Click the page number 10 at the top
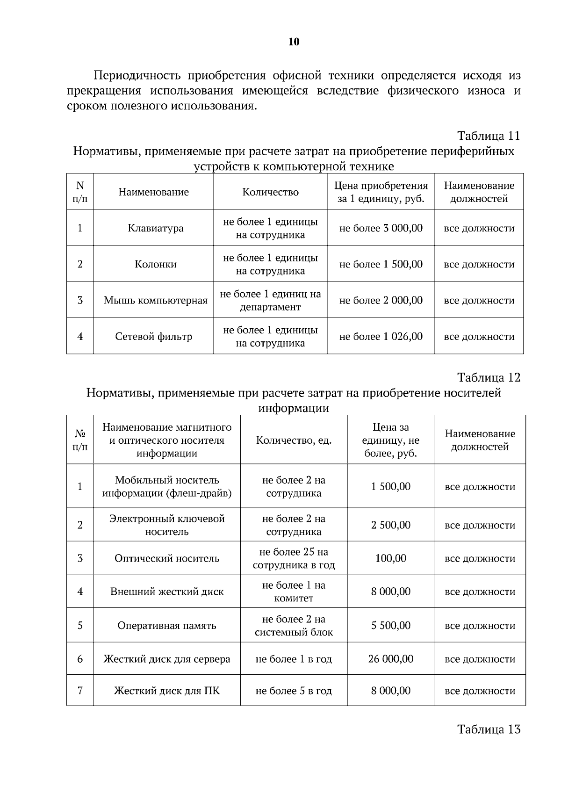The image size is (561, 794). click(x=294, y=42)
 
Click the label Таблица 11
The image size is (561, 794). click(x=489, y=136)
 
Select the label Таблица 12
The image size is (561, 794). click(x=489, y=377)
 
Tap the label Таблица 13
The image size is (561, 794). click(x=489, y=729)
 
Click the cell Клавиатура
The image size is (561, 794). click(x=155, y=228)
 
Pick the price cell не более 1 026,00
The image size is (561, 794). click(x=381, y=336)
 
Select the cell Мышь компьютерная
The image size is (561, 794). click(x=155, y=300)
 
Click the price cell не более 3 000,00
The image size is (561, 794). click(x=381, y=228)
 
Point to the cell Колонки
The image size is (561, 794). click(x=155, y=264)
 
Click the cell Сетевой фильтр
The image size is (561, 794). click(x=153, y=336)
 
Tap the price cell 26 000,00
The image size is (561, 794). click(x=391, y=659)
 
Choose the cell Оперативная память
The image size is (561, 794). click(x=167, y=626)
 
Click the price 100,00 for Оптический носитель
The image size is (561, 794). click(x=391, y=558)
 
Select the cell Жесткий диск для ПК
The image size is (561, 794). click(x=167, y=691)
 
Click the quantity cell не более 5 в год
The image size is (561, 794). click(x=294, y=691)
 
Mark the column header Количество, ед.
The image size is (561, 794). click(x=294, y=440)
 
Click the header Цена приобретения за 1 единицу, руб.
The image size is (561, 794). click(x=381, y=192)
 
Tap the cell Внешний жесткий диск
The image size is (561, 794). click(x=167, y=592)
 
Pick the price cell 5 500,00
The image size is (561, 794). click(x=391, y=626)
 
